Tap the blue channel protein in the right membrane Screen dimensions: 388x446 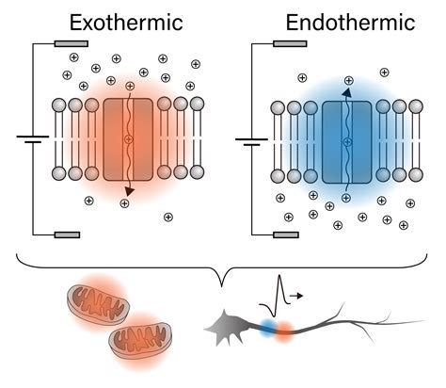[348, 140]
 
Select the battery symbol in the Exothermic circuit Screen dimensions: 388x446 [32, 139]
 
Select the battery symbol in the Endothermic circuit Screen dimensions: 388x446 [252, 141]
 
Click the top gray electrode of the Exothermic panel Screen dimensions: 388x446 [72, 43]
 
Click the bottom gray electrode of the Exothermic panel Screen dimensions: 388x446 [72, 234]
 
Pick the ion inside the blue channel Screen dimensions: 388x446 [348, 141]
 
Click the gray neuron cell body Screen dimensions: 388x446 [230, 327]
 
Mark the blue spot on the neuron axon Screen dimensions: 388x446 [267, 327]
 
